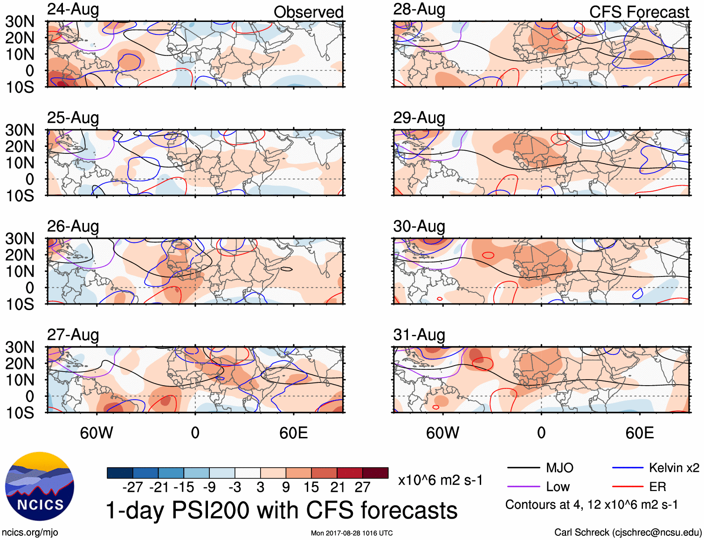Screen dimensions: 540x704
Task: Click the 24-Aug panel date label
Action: (x=73, y=9)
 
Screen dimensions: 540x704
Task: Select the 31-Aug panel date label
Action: (x=419, y=335)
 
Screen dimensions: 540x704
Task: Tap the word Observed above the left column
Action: (x=308, y=12)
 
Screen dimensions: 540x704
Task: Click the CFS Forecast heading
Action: (x=639, y=12)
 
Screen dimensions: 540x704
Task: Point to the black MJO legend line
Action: (x=523, y=468)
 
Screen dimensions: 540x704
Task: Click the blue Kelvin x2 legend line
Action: (x=628, y=468)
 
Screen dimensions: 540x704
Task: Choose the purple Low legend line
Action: (x=523, y=487)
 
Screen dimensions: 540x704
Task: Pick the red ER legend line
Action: (x=628, y=487)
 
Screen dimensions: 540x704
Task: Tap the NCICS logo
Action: (x=40, y=486)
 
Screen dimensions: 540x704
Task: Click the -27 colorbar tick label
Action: (x=132, y=487)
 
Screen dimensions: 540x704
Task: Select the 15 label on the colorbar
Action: (x=311, y=487)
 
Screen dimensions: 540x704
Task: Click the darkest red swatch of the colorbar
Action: (x=375, y=473)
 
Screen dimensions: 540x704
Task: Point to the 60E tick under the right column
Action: (x=639, y=433)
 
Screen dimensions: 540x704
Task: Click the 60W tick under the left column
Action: (x=97, y=433)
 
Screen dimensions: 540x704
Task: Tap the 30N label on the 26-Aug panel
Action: (x=20, y=239)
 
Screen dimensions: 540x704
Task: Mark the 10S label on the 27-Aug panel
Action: (x=20, y=413)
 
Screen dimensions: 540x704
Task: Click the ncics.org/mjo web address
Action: (x=30, y=533)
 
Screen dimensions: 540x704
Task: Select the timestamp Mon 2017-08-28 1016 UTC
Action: (x=352, y=533)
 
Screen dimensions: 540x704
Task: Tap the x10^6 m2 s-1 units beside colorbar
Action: (x=440, y=480)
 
